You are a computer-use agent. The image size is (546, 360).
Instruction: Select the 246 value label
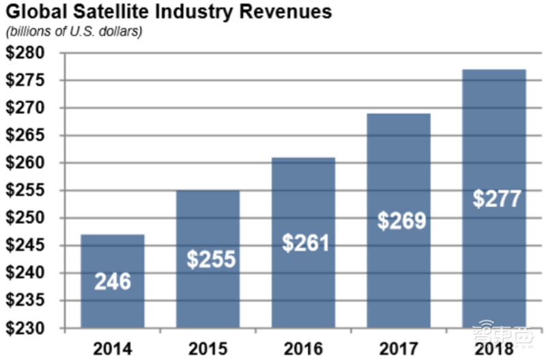tap(113, 281)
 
